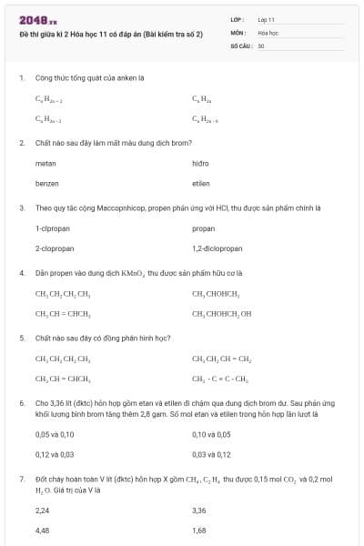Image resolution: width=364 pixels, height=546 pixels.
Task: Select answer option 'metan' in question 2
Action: tap(45, 164)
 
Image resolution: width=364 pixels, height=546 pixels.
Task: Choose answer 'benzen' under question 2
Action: tap(47, 183)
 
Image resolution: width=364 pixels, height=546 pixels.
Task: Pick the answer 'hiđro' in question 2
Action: tap(201, 164)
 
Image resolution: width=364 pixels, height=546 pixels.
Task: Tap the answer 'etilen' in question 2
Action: tap(201, 183)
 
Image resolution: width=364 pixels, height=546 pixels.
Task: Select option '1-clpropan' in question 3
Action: tap(51, 228)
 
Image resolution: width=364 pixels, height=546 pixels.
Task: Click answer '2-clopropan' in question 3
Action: tap(53, 248)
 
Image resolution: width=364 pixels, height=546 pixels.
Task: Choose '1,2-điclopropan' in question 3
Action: tap(217, 248)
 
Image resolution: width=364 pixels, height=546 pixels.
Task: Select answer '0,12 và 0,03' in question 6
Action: tap(54, 454)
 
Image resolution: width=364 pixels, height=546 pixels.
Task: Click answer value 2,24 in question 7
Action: tap(42, 511)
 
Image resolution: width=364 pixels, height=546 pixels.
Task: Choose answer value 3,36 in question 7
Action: tap(199, 511)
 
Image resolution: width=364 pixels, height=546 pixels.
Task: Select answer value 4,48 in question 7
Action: tap(42, 530)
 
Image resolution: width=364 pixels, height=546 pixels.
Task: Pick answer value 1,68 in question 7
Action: tap(199, 530)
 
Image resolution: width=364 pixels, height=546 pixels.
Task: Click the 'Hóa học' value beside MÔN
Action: tap(268, 32)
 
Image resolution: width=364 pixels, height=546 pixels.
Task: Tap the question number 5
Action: tap(21, 338)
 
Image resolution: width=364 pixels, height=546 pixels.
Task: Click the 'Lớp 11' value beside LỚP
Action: tap(266, 19)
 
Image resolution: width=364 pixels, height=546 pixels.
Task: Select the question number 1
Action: tap(21, 78)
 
